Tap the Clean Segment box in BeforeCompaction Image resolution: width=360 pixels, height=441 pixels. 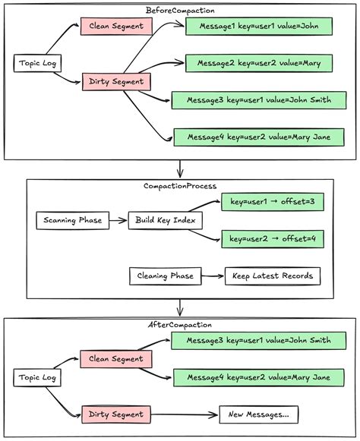click(x=117, y=27)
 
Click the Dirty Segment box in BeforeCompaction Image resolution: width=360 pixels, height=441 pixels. click(x=117, y=81)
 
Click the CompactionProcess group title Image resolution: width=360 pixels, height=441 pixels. click(x=180, y=185)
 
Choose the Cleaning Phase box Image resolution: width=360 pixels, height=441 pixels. click(x=164, y=276)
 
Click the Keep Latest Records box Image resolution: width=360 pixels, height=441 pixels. click(x=273, y=276)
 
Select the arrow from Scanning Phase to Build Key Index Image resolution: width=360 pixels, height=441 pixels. click(x=116, y=221)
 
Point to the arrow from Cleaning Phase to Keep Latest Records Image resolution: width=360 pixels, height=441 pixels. click(x=212, y=276)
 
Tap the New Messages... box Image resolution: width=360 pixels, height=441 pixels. click(x=259, y=414)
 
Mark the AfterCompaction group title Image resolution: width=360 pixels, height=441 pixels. click(x=180, y=325)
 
